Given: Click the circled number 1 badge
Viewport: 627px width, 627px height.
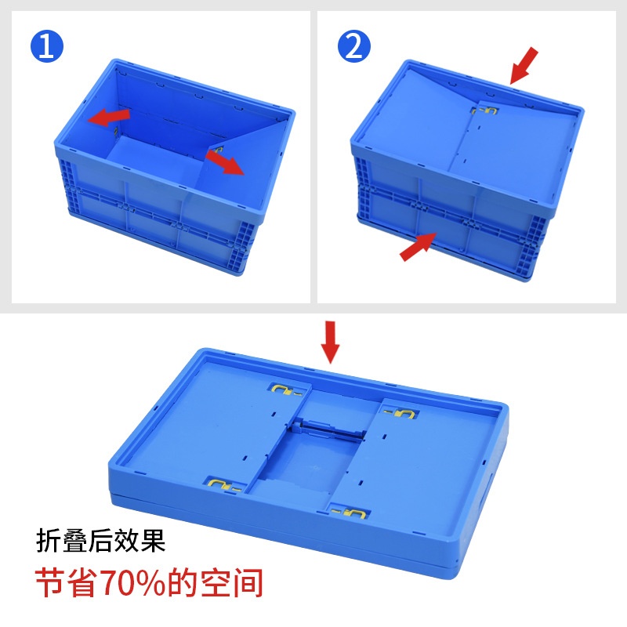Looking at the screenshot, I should tap(46, 47).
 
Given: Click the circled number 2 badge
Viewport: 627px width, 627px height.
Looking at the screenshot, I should tap(353, 47).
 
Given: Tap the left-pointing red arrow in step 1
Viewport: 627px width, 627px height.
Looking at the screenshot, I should tap(108, 117).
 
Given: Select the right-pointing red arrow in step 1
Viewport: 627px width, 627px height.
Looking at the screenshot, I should tap(225, 163).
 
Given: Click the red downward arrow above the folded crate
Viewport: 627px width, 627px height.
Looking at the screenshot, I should tap(331, 340).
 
